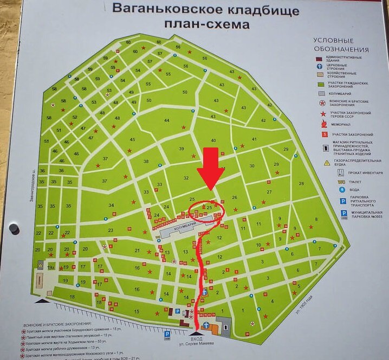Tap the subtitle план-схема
click(207, 24)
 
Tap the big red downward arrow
click(211, 168)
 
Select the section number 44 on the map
click(166, 120)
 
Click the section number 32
click(186, 178)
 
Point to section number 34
click(111, 205)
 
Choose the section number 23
click(110, 230)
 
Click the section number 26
click(235, 198)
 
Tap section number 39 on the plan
click(181, 149)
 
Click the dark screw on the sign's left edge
click(14, 229)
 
